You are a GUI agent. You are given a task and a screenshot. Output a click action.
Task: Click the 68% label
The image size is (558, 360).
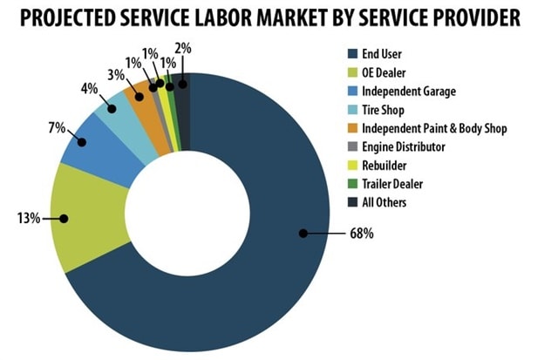pos(362,234)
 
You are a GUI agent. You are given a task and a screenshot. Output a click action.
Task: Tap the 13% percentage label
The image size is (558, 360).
pos(29,218)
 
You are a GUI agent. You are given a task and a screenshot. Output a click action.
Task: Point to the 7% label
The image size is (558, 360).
pos(57,128)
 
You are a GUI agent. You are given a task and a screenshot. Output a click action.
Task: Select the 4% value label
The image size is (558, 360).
pos(89,89)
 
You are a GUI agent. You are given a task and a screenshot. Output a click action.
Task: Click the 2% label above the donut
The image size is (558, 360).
pos(183,48)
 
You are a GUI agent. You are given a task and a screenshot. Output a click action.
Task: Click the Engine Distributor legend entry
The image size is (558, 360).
pos(397,146)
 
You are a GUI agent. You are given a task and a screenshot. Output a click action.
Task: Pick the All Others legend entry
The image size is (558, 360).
pos(378,202)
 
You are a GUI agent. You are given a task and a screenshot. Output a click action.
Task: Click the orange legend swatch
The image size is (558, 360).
pos(352,128)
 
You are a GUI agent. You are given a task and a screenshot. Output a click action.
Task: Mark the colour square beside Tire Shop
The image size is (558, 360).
pos(352,110)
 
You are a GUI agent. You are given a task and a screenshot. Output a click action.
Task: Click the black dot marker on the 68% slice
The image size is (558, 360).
pos(303,234)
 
